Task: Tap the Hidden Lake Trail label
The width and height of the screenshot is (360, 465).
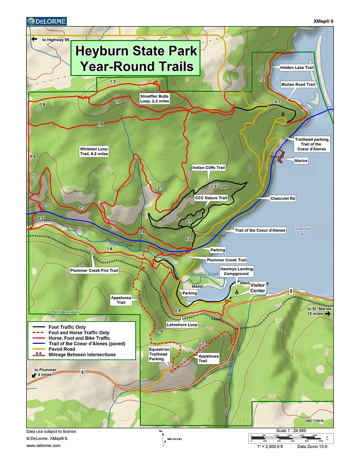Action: tap(297, 67)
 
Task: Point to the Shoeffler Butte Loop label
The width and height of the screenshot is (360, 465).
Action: tap(154, 98)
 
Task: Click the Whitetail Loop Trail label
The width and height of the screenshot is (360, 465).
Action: tap(94, 151)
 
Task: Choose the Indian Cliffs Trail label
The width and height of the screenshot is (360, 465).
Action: tap(209, 168)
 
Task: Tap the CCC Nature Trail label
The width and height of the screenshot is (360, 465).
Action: tap(211, 198)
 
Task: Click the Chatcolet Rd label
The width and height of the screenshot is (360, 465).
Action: tap(282, 198)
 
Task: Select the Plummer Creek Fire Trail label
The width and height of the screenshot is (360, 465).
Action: tap(95, 270)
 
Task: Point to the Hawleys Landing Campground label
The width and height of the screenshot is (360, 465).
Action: tap(237, 271)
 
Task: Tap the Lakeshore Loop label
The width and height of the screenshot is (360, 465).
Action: tap(182, 325)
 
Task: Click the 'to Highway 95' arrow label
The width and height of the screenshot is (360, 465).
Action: tap(50, 40)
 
